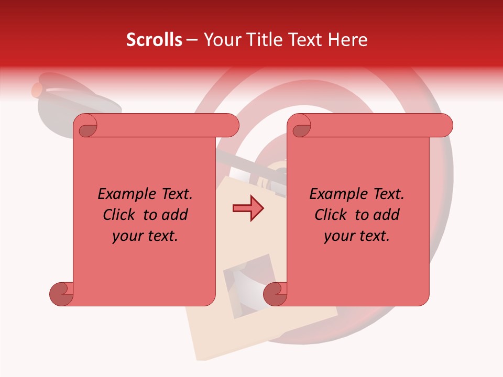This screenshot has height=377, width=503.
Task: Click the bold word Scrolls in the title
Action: tap(155, 40)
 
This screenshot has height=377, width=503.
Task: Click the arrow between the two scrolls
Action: tap(248, 208)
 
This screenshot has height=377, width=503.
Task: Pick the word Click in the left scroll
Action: tap(119, 215)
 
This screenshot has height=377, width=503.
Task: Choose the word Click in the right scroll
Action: tap(331, 215)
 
